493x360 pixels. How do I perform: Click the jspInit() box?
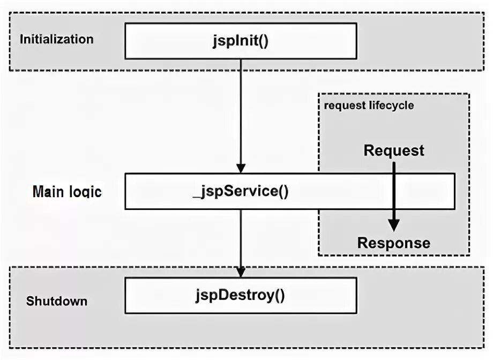(241, 41)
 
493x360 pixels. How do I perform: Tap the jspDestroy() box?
(241, 295)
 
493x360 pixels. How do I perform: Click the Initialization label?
(56, 39)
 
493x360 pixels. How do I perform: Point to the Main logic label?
(67, 191)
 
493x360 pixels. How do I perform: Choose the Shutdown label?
(57, 301)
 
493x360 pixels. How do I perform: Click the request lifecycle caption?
(369, 105)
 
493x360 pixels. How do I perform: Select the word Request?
(394, 151)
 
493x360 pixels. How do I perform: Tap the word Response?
(394, 243)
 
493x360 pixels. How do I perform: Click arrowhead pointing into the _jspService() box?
(241, 167)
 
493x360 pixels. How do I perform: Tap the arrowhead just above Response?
(394, 227)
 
